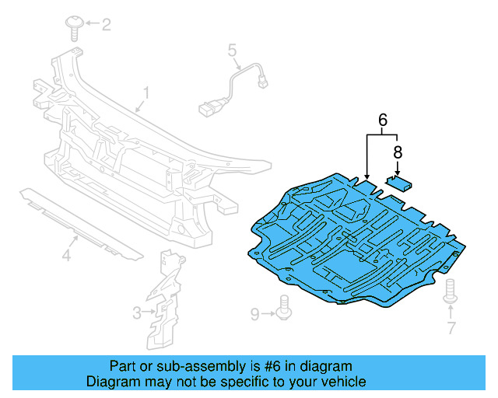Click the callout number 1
(143, 96)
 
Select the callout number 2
(106, 25)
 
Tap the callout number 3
(137, 313)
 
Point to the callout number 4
(67, 254)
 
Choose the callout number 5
(232, 51)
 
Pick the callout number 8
(398, 152)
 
